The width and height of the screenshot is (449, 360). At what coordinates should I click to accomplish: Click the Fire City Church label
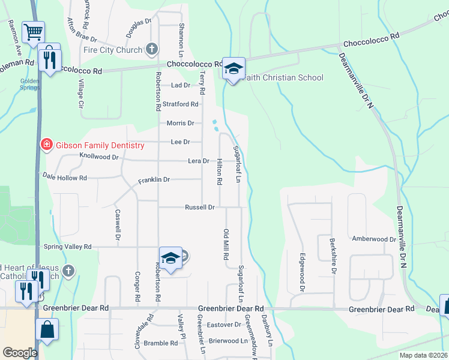click(113, 50)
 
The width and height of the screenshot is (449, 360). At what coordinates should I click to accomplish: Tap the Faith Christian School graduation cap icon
click(233, 68)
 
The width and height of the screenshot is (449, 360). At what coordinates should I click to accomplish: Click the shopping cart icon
click(33, 31)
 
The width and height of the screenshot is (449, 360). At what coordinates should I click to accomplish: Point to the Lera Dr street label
click(198, 161)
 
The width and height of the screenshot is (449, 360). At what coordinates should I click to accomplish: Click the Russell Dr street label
click(200, 207)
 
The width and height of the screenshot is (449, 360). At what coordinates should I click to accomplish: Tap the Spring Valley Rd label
click(67, 246)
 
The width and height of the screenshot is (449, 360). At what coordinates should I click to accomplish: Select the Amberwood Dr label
click(374, 239)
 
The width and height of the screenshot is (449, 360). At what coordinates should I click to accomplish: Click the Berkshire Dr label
click(333, 256)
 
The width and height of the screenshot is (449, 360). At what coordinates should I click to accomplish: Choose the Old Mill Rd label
click(226, 244)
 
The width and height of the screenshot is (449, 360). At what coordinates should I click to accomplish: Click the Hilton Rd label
click(220, 171)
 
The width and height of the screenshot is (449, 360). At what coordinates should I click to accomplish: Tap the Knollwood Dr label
click(99, 156)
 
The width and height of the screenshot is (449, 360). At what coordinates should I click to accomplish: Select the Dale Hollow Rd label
click(64, 178)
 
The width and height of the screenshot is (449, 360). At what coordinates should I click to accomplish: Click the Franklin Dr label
click(154, 179)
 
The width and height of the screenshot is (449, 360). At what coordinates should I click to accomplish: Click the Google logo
click(20, 353)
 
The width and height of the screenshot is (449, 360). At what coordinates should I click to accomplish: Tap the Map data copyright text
click(423, 355)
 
